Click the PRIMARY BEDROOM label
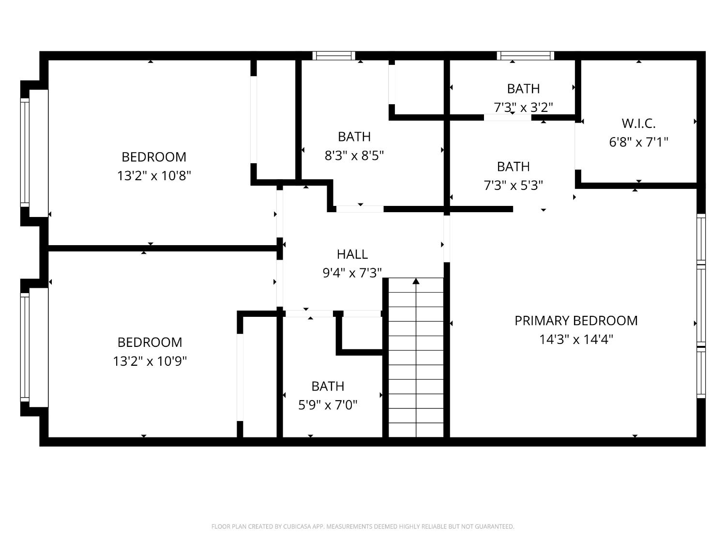click(x=576, y=321)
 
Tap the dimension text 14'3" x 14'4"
click(x=576, y=339)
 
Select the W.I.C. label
click(x=638, y=124)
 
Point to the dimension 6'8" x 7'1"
click(x=638, y=142)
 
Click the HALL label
click(x=352, y=254)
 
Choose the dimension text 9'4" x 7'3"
click(x=352, y=273)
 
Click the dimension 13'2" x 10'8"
click(x=154, y=175)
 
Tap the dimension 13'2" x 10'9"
click(x=150, y=361)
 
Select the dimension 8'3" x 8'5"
click(x=354, y=156)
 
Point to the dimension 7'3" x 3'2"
click(x=523, y=107)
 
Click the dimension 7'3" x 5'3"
click(x=513, y=185)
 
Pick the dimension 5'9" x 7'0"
click(x=328, y=405)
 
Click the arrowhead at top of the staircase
click(x=416, y=281)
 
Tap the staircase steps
click(x=416, y=358)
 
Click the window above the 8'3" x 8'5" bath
click(x=333, y=56)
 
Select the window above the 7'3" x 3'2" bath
click(x=526, y=56)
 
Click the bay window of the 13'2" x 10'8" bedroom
click(x=25, y=153)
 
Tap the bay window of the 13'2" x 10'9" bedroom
click(x=25, y=347)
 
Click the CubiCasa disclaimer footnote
click(x=363, y=527)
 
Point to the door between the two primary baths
click(x=508, y=117)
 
